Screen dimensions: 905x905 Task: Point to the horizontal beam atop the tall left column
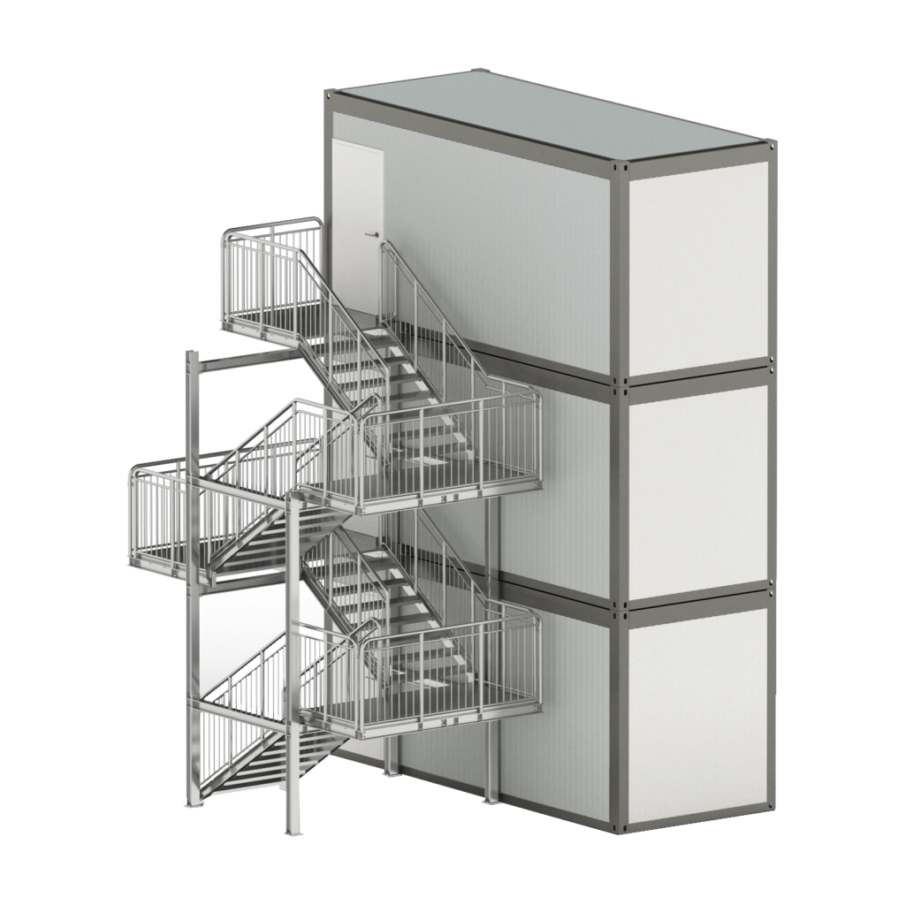[239, 358]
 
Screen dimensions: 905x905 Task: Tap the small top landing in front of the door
[261, 329]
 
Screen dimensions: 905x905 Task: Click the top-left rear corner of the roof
[328, 90]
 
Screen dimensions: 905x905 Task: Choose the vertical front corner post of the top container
[620, 274]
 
